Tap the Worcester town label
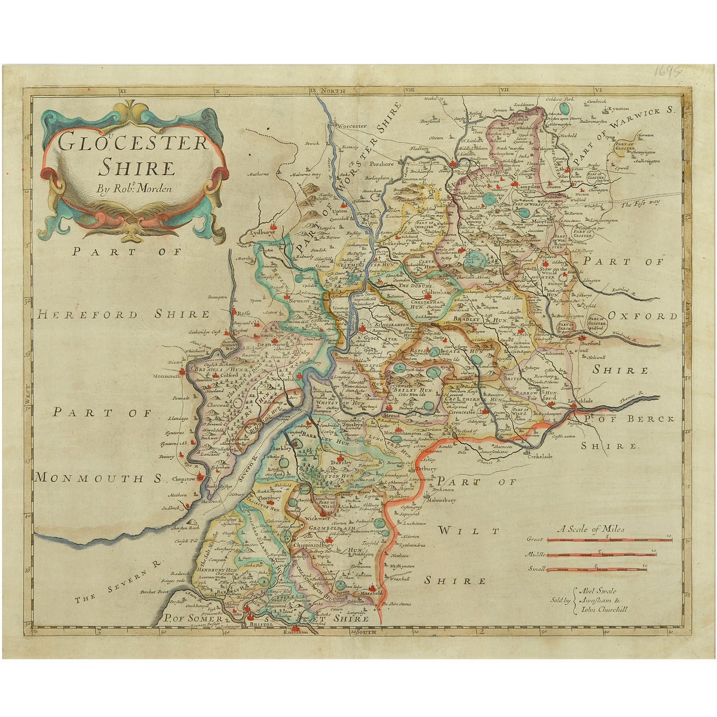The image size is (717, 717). point(351,126)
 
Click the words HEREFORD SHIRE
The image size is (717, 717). point(123,315)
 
